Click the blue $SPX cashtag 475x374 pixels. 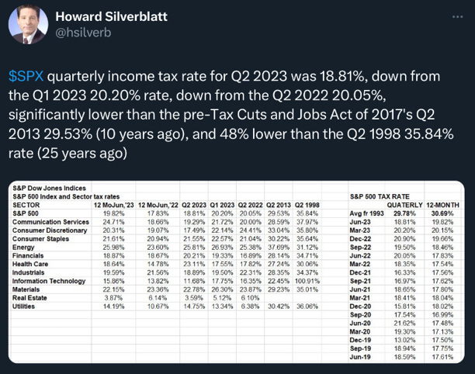[x=25, y=78]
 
